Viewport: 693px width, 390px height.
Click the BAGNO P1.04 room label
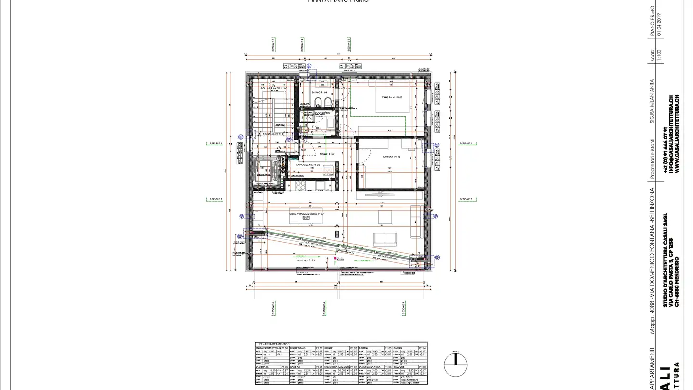(319, 92)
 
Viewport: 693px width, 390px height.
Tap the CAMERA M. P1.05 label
(392, 98)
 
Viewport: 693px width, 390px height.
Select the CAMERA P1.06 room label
(392, 157)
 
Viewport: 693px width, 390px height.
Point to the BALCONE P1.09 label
(306, 260)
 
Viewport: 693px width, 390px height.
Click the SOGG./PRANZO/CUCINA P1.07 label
(306, 213)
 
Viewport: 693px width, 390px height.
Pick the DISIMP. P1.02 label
(327, 154)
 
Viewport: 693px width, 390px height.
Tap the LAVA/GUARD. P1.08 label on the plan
(308, 165)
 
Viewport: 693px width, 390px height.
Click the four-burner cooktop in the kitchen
(301, 185)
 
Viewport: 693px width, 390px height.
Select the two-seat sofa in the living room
(385, 237)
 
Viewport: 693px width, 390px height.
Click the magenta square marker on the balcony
(335, 259)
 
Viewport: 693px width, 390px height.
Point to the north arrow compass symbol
(455, 365)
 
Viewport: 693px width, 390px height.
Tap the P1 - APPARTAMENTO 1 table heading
(274, 344)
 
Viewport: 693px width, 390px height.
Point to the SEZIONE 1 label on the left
(216, 143)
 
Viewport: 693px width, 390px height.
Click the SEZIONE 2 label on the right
(465, 199)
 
